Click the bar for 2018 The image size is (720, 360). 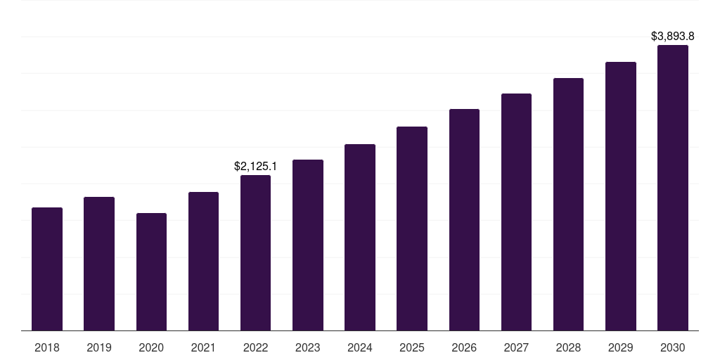(x=47, y=269)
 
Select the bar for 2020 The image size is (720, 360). (x=151, y=271)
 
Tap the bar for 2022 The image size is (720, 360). (x=255, y=252)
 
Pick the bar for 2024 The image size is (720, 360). (x=360, y=237)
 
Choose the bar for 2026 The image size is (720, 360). (x=464, y=219)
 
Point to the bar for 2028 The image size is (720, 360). (x=568, y=204)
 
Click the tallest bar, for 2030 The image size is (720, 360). (x=673, y=188)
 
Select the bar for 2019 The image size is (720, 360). (x=99, y=264)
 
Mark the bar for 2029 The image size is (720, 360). (x=621, y=196)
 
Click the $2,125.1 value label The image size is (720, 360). (x=255, y=167)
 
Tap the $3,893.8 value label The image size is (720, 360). (x=673, y=36)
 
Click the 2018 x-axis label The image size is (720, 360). (x=47, y=347)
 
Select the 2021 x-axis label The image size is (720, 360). (x=203, y=347)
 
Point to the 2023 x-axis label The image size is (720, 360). (x=308, y=347)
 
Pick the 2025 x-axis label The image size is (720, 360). (x=412, y=347)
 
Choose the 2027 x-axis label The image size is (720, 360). (x=516, y=347)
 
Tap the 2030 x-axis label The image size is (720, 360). (x=673, y=347)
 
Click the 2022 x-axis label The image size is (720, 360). (x=255, y=347)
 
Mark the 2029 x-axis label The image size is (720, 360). (x=621, y=347)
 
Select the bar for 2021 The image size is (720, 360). (x=203, y=261)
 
